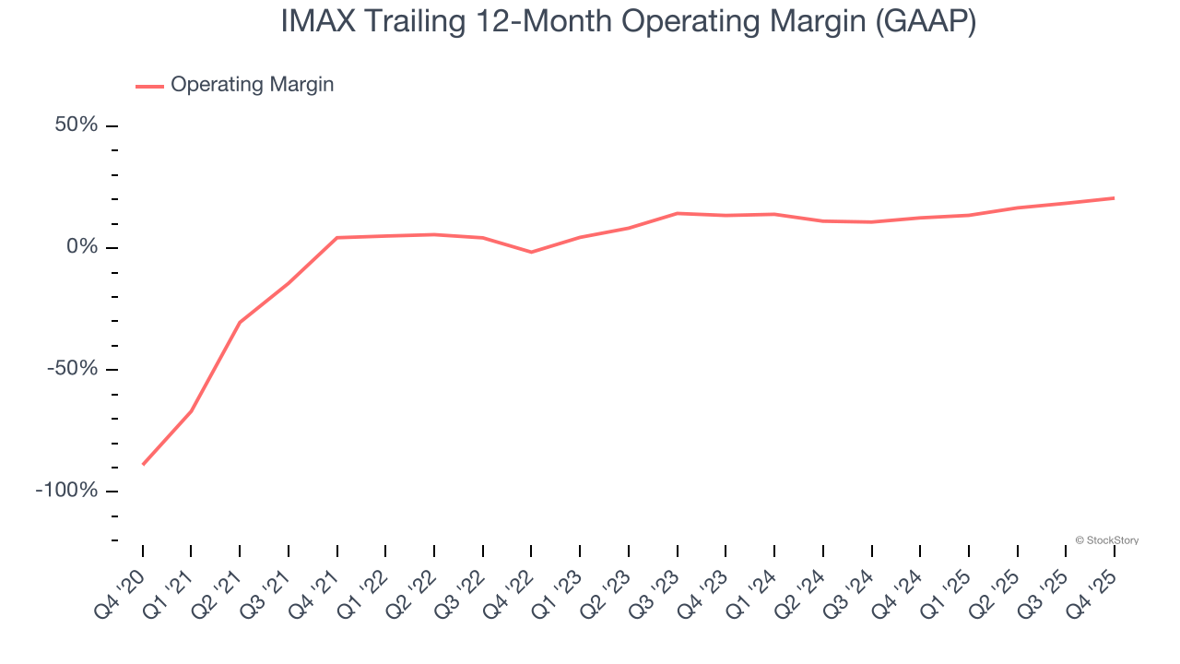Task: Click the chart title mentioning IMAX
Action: [x=628, y=22]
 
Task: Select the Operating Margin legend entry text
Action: [x=252, y=85]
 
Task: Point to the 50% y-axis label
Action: [x=77, y=125]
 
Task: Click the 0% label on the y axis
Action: [x=82, y=247]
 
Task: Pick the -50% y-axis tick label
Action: [x=72, y=369]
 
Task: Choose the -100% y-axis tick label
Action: [x=66, y=490]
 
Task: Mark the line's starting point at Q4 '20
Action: [x=143, y=464]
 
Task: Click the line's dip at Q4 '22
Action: [x=531, y=252]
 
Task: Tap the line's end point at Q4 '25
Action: [x=1114, y=198]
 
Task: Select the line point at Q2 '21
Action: [x=240, y=322]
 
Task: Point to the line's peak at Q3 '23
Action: [x=678, y=213]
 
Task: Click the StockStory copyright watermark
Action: [x=1106, y=540]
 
